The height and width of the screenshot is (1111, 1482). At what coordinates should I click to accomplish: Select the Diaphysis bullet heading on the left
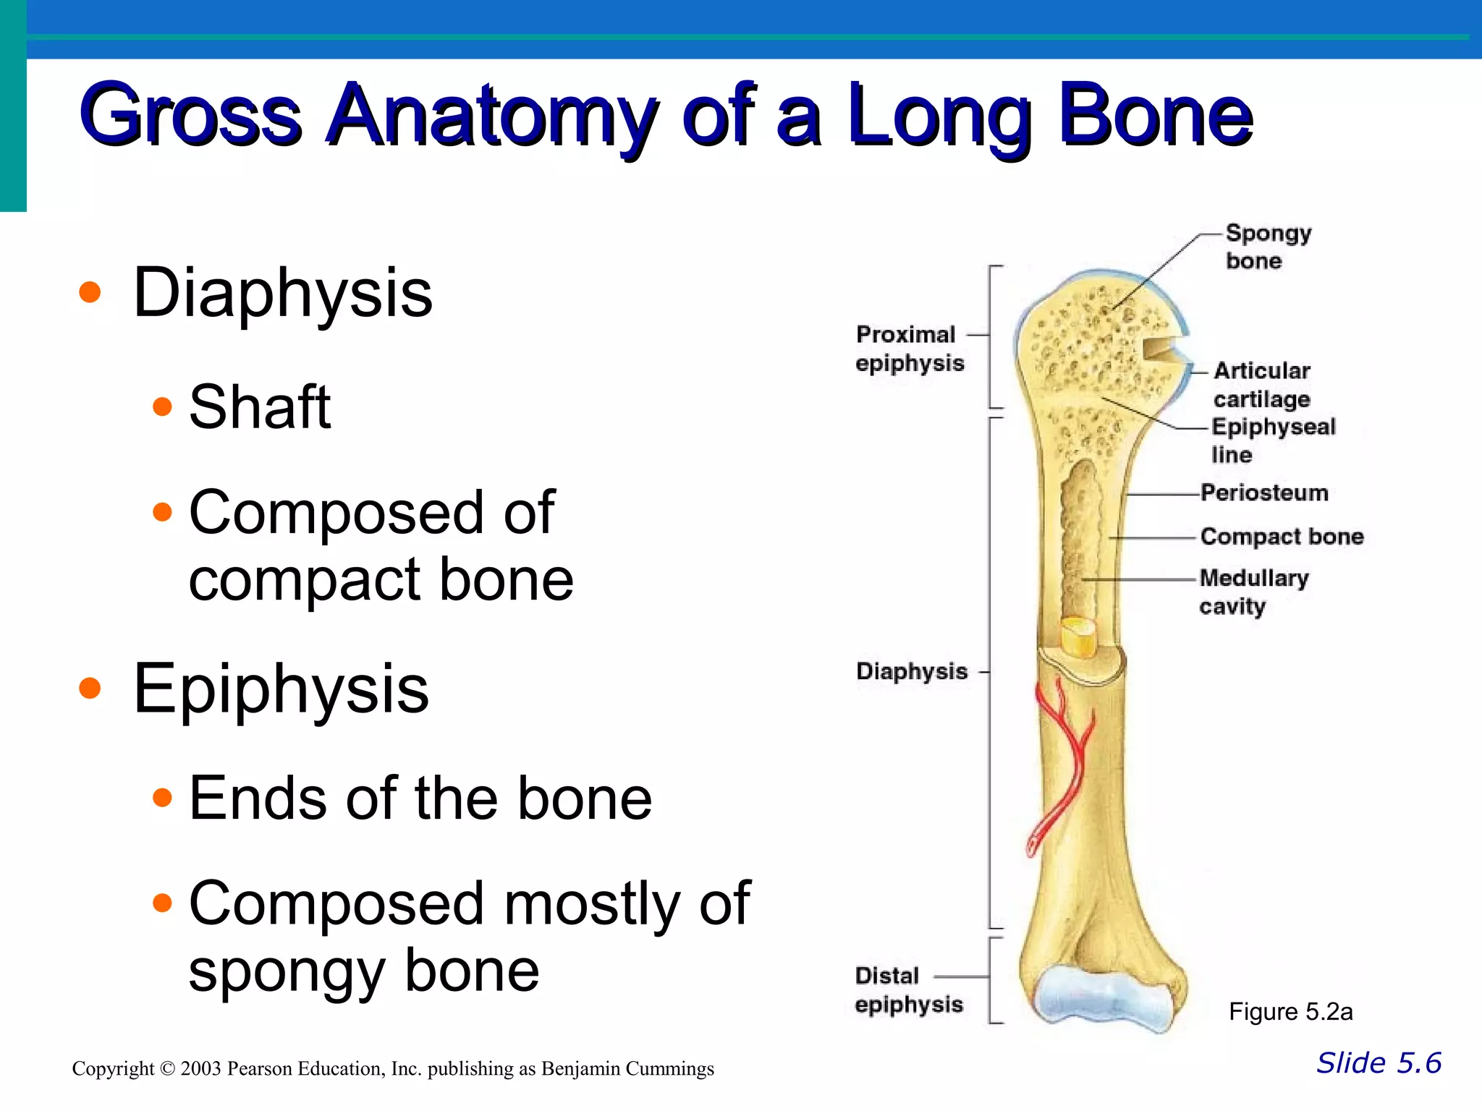(x=282, y=293)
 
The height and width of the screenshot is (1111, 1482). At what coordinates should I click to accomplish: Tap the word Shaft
(x=259, y=407)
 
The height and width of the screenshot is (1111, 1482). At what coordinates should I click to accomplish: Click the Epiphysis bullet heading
(x=281, y=689)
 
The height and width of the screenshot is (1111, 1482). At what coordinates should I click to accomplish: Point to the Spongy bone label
(x=1267, y=247)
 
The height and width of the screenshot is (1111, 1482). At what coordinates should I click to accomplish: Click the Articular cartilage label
(x=1261, y=385)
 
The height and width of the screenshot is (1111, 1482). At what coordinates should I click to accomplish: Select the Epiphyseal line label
(x=1272, y=440)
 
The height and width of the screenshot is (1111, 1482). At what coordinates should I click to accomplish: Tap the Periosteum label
(x=1264, y=493)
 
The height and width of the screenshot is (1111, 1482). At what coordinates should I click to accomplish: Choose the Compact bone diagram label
(x=1282, y=537)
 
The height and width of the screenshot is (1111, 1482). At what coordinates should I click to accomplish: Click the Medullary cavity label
(x=1253, y=592)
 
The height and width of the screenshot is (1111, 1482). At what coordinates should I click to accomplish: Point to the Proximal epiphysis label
(x=909, y=349)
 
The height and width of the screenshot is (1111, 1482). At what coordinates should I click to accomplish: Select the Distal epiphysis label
(x=908, y=990)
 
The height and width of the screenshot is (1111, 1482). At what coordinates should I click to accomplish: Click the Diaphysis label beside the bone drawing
(x=911, y=671)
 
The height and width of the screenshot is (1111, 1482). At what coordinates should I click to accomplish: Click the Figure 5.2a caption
(x=1290, y=1012)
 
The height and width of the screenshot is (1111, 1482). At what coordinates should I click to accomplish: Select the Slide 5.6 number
(x=1378, y=1063)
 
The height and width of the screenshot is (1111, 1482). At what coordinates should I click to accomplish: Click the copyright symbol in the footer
(x=167, y=1069)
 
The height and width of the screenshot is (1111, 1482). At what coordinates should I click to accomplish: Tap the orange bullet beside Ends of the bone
(x=163, y=798)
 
